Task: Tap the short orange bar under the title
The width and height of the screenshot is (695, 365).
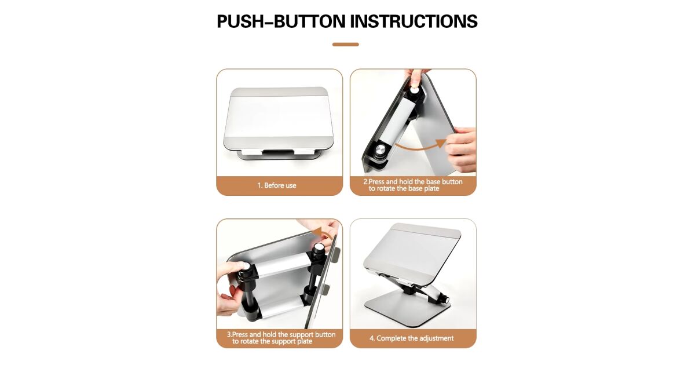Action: coord(345,45)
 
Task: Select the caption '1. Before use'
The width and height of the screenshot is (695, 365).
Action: coord(277,185)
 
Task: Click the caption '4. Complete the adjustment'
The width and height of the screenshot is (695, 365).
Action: coord(411,338)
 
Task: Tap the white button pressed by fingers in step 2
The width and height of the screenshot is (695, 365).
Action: coord(414,90)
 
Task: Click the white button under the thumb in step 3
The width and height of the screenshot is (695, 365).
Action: coord(246,266)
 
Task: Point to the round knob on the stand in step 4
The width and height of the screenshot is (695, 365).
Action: coord(446,300)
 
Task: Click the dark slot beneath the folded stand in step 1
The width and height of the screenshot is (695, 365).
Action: coord(277,152)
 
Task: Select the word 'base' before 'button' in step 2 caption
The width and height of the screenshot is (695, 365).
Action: coord(433,181)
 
